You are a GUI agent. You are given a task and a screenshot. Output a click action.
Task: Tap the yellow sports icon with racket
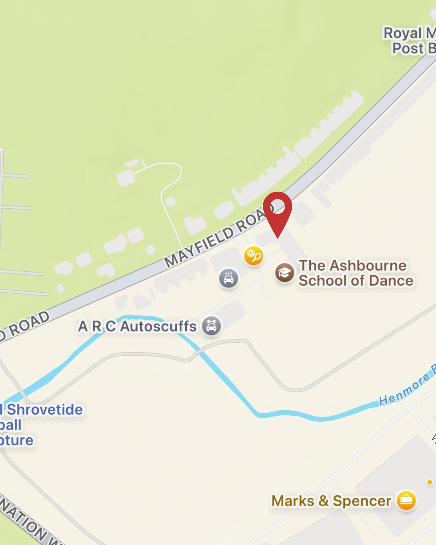coord(254,256)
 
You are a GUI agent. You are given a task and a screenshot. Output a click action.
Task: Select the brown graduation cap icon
coord(285,273)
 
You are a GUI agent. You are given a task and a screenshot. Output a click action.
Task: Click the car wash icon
coord(228,278)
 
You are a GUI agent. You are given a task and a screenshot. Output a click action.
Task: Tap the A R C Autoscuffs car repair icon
coord(212,325)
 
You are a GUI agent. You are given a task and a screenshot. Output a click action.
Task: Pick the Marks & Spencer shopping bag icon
coord(406,501)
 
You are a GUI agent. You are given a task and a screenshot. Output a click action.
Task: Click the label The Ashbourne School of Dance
coord(355,273)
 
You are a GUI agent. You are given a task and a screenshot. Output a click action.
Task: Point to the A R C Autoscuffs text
coord(137,326)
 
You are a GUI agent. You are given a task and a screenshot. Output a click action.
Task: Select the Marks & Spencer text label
coord(331,501)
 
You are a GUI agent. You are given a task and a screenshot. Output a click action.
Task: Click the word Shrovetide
coord(45,409)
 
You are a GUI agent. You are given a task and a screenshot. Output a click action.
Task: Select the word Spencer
coord(362,501)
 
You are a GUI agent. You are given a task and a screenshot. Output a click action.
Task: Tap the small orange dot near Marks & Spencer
coord(430,482)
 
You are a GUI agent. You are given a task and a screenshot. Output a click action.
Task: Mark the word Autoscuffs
coord(158,326)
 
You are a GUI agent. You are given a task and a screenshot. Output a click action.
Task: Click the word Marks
coord(293,501)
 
